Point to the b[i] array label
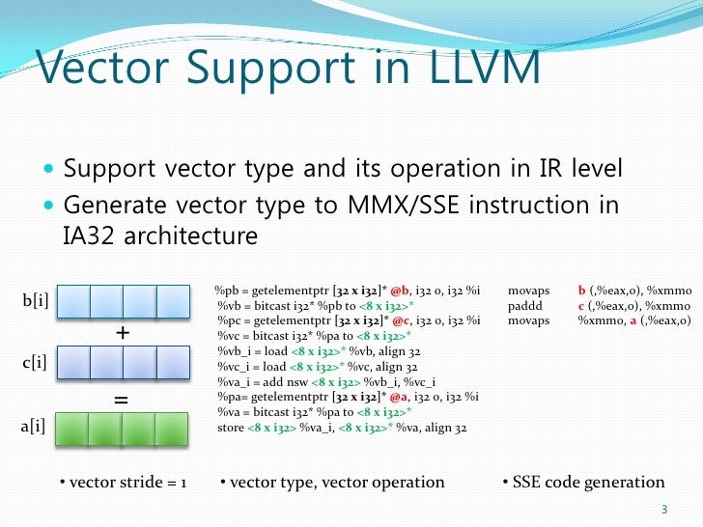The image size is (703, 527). pos(36,301)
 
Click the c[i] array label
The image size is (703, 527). pos(36,364)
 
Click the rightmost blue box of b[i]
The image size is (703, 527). pos(173,301)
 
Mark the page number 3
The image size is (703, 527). pos(663,510)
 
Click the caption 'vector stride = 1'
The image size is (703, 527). pos(120,482)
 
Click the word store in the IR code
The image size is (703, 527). pos(231,428)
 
